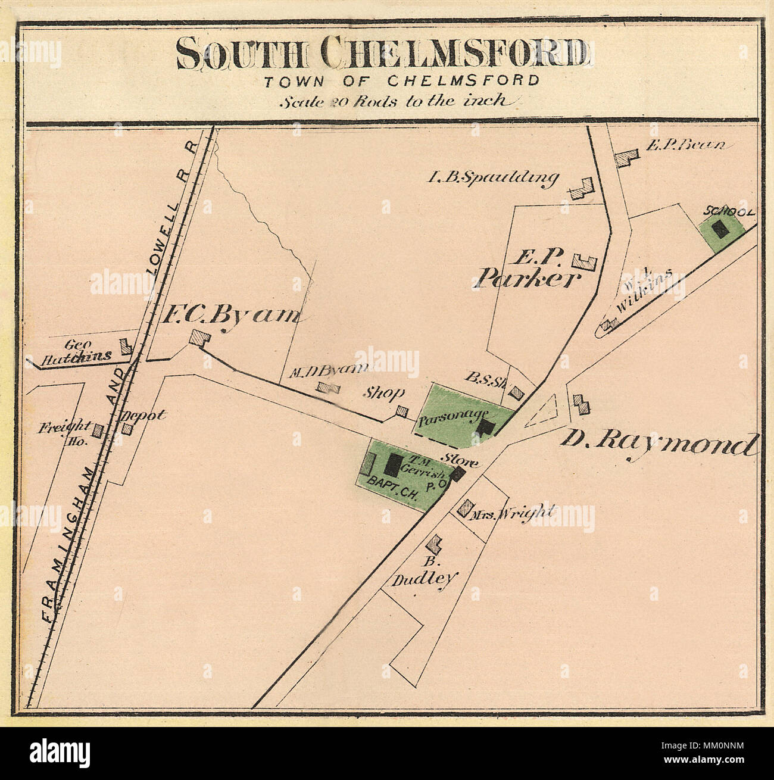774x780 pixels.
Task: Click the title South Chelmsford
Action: click(383, 53)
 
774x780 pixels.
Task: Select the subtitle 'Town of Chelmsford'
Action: click(402, 80)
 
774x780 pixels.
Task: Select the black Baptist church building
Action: click(394, 464)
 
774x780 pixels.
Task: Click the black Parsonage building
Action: click(487, 427)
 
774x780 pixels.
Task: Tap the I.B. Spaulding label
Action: click(494, 177)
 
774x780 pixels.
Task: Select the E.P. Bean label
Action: click(685, 145)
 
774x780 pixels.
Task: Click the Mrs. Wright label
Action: click(511, 513)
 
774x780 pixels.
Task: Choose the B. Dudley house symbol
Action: click(435, 543)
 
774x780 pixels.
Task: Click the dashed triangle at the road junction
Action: click(543, 411)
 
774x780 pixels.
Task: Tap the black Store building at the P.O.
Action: click(457, 474)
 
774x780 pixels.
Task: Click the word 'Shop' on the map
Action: click(385, 393)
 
